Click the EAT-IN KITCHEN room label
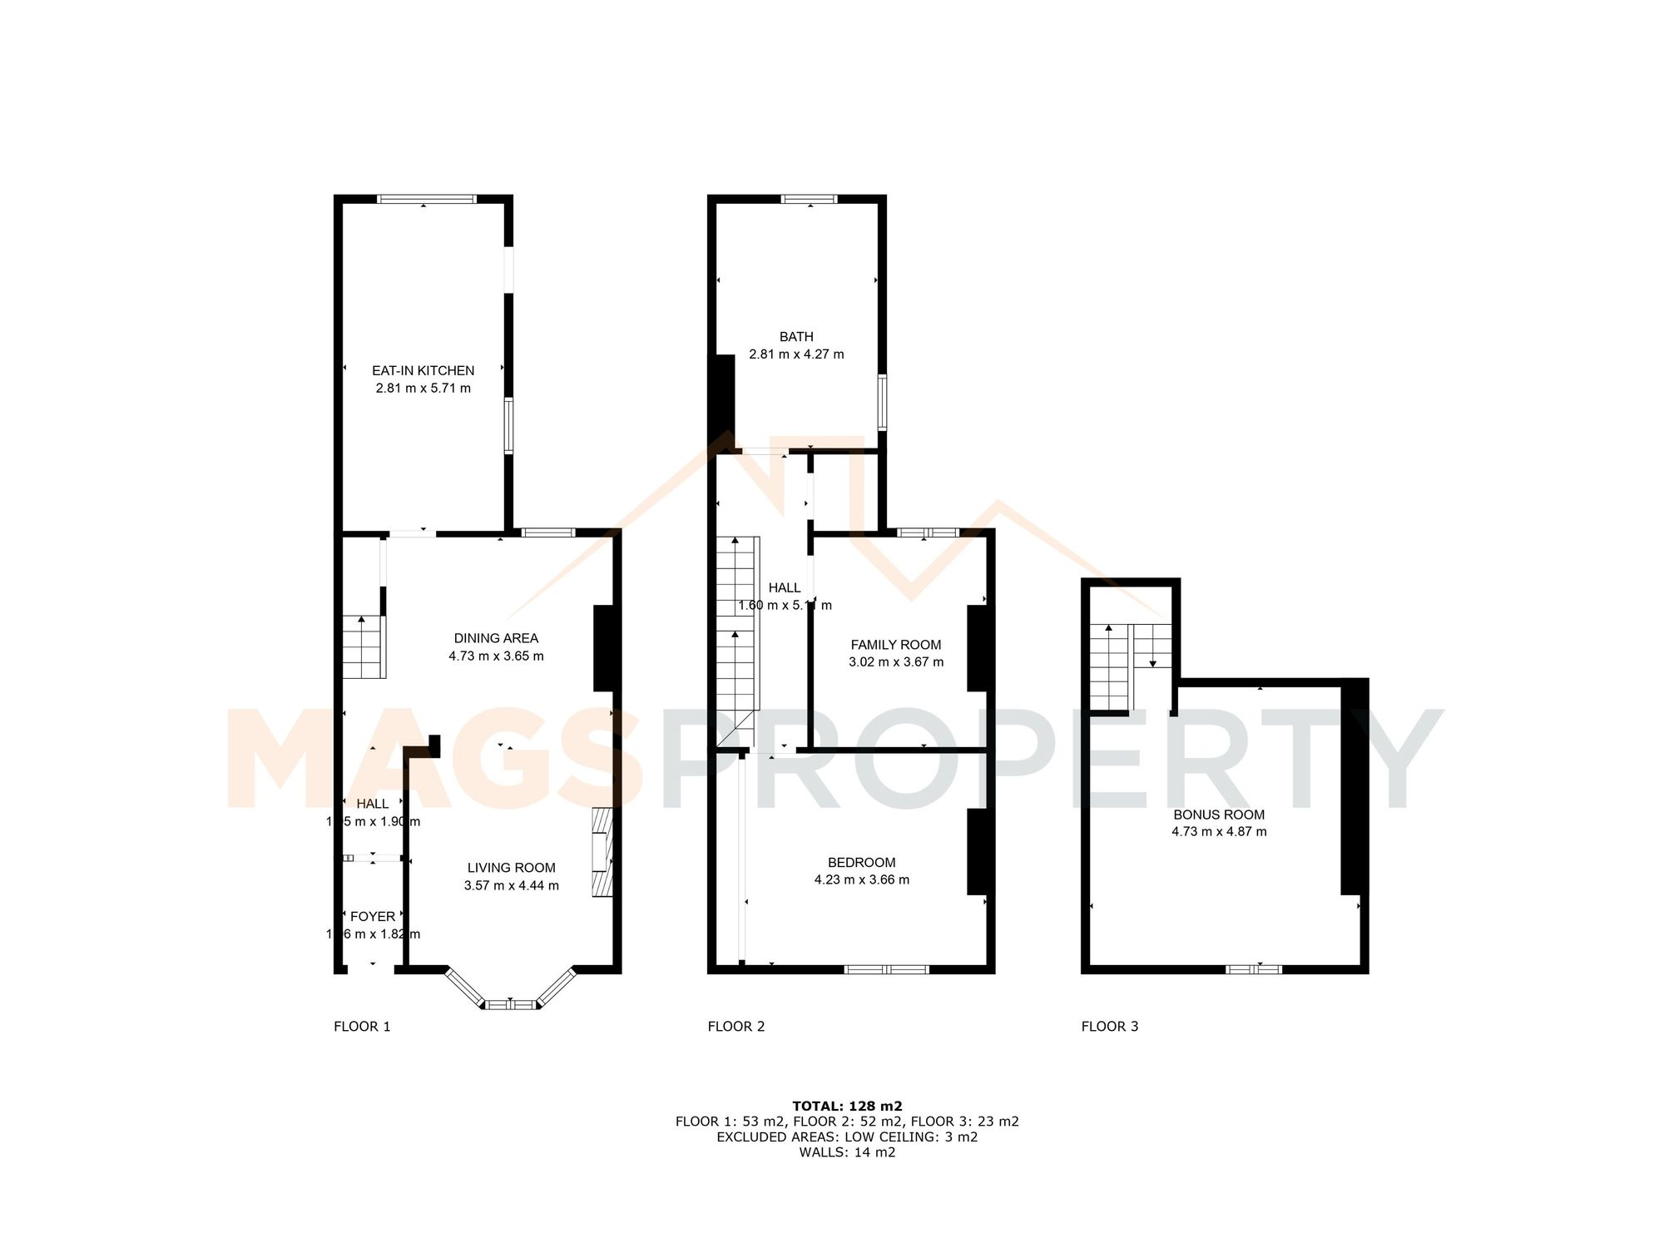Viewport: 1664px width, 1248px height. (x=423, y=370)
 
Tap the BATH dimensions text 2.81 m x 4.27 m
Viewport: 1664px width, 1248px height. (x=796, y=354)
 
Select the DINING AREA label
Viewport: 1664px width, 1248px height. (x=496, y=638)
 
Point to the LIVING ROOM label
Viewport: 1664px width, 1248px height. (x=511, y=868)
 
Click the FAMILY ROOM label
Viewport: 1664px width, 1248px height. (x=896, y=645)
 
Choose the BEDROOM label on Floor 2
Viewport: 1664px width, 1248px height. (x=861, y=863)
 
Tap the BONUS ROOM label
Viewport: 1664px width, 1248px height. (x=1219, y=815)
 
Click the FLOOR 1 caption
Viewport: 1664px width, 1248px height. (x=362, y=1027)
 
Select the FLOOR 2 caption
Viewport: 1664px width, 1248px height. (x=735, y=1027)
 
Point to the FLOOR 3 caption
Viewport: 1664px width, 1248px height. (x=1109, y=1027)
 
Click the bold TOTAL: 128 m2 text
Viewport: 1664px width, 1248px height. (x=847, y=1107)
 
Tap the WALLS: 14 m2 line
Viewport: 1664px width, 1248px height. (x=847, y=1152)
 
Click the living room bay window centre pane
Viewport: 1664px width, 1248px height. (x=511, y=1004)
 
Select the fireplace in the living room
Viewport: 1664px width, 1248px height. (x=602, y=852)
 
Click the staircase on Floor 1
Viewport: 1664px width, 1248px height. (x=364, y=646)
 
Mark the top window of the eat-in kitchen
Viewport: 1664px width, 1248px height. (x=427, y=199)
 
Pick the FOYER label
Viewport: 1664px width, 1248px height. (x=373, y=916)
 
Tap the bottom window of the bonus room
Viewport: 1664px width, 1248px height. (x=1254, y=969)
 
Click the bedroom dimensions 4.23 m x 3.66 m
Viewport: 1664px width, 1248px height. (x=861, y=880)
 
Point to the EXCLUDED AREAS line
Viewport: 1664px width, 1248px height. (x=847, y=1137)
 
